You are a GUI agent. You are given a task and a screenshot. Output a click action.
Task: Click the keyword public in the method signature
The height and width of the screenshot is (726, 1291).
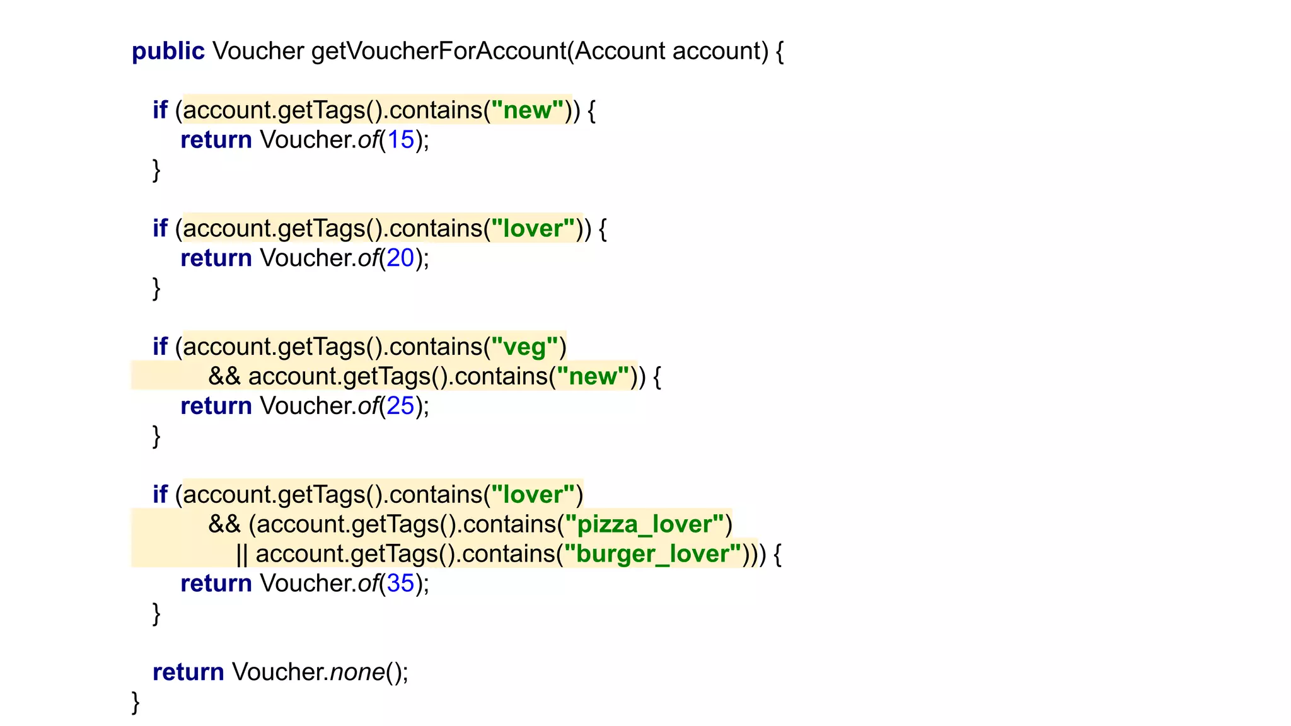coord(168,51)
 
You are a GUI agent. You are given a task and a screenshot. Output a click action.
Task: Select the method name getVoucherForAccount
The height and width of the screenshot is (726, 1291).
coord(438,51)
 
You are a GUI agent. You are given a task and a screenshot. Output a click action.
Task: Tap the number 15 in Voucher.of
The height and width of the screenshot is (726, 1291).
coord(400,140)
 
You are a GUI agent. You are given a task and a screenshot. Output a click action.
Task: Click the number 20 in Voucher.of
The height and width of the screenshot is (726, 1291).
coord(400,258)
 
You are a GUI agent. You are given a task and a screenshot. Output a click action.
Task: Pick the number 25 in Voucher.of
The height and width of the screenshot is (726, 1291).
coord(400,406)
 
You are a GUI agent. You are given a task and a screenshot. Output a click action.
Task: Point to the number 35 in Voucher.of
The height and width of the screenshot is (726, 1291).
coord(400,584)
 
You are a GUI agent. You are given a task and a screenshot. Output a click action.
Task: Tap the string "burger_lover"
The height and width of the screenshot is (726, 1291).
coord(652,554)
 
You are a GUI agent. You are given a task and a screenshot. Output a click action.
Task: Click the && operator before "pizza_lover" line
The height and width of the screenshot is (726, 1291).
coord(224,524)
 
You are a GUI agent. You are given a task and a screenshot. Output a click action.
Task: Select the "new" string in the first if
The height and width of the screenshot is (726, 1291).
coord(527,110)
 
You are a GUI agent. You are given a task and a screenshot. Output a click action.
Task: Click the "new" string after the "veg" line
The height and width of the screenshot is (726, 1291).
coord(593,376)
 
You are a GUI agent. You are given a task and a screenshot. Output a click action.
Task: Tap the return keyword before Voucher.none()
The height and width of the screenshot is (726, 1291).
coord(188,672)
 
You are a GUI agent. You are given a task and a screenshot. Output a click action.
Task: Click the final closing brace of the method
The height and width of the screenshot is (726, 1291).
coord(136,702)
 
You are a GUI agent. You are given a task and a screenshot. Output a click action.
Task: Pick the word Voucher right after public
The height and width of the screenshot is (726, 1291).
coord(258,51)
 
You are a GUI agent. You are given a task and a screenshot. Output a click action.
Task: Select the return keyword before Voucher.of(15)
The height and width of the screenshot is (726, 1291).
coord(216,140)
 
